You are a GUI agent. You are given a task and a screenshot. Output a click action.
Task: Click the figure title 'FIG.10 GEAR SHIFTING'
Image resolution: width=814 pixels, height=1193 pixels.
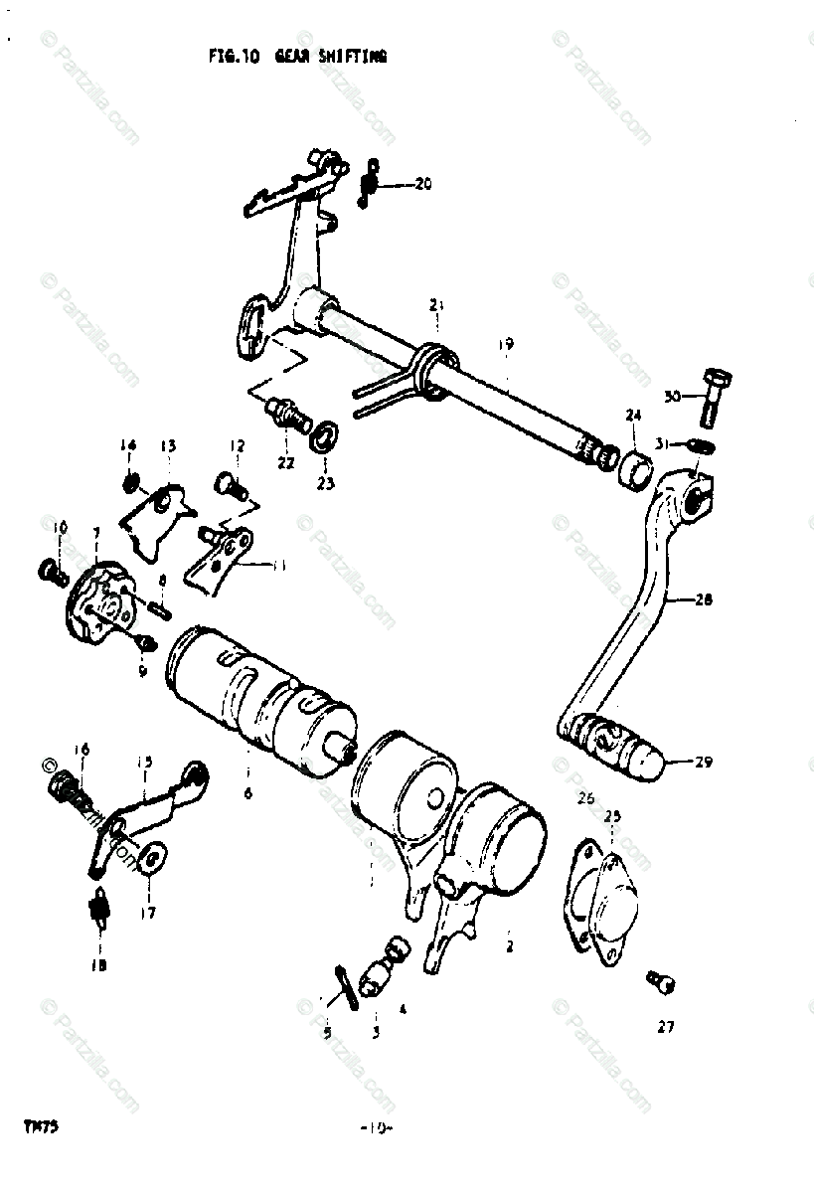(297, 58)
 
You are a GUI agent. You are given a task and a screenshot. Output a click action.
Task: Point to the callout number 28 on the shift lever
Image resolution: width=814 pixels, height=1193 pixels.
(705, 600)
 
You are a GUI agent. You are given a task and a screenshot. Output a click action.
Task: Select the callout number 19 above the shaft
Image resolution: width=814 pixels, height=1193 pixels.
(506, 344)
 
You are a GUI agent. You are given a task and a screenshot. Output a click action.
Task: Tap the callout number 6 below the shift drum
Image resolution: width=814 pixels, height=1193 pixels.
(247, 793)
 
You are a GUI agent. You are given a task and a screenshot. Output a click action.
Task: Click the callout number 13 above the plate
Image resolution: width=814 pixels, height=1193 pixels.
(167, 445)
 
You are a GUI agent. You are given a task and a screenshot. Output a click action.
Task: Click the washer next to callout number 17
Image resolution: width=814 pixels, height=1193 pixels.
(152, 855)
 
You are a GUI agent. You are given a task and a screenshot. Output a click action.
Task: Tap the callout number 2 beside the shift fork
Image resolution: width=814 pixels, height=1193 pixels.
(509, 947)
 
